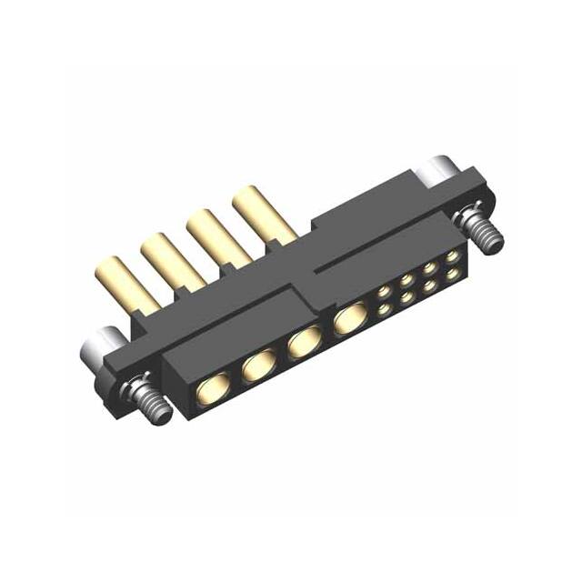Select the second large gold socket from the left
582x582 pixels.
[258, 367]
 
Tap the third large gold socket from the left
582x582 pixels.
[302, 345]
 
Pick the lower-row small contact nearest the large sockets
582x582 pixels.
[384, 310]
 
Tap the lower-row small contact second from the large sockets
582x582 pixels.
[406, 297]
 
